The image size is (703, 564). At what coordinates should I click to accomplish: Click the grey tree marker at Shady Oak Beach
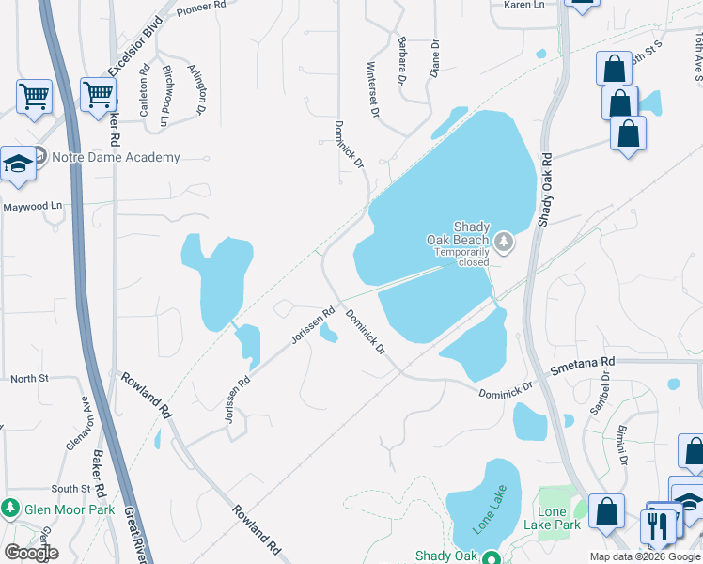(505, 243)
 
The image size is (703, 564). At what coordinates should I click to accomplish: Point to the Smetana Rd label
(582, 362)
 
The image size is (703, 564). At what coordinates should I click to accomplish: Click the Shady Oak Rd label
(546, 188)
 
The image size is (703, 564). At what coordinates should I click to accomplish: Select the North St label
(28, 379)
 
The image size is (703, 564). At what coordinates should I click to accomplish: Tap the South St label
(70, 489)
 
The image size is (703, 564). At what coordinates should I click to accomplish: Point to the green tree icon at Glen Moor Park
(11, 509)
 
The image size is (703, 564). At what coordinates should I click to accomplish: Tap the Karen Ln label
(524, 6)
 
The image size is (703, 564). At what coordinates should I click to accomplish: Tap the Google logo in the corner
(31, 553)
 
